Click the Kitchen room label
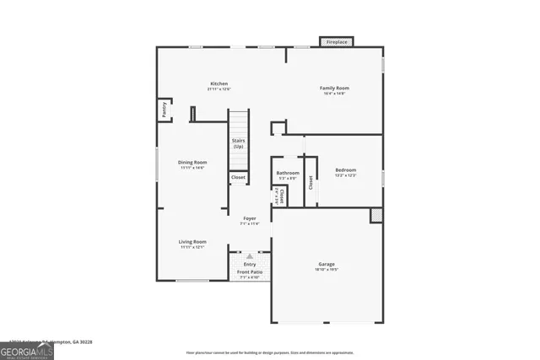(219, 83)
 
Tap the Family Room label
(334, 88)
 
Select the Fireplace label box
(336, 41)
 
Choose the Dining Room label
(192, 162)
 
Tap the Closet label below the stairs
(238, 177)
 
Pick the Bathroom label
(288, 174)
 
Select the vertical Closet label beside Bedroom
(310, 181)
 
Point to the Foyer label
(250, 218)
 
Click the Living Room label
(192, 242)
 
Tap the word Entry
(250, 264)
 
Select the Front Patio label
(250, 272)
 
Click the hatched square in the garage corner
(376, 215)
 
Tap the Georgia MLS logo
(27, 348)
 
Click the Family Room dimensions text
(334, 94)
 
